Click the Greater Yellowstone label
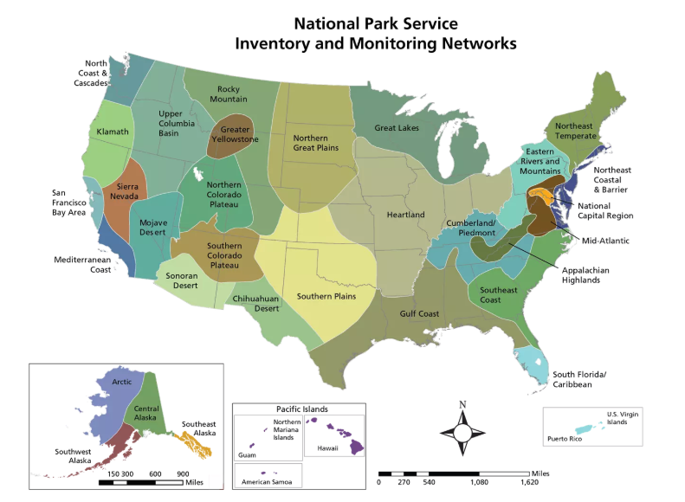(234, 134)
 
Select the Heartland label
(405, 215)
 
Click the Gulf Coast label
(419, 313)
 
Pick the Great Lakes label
(397, 128)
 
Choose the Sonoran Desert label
(183, 281)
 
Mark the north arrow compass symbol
(462, 433)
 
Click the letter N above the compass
(462, 404)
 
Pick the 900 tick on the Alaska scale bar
(183, 474)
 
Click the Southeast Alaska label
(199, 429)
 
